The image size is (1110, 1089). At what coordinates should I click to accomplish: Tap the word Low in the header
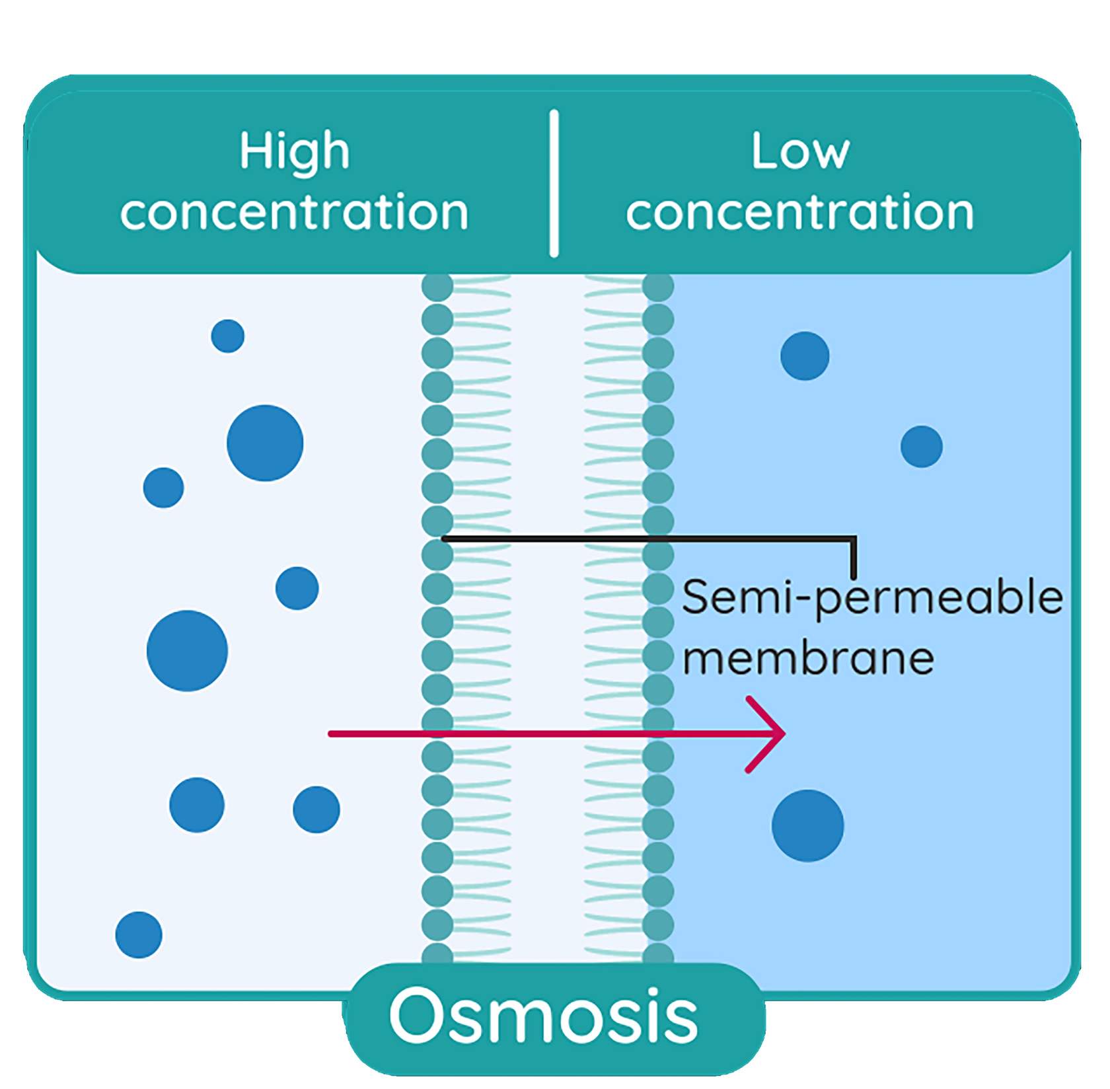(x=800, y=151)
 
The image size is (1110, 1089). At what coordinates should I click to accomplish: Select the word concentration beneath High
(x=295, y=212)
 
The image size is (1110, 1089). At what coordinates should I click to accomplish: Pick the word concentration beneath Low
(x=800, y=212)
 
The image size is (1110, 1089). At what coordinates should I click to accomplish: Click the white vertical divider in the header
(x=554, y=183)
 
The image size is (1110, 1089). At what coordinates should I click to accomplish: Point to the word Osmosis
(x=544, y=1016)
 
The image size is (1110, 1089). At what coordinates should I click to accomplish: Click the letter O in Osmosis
(x=415, y=1016)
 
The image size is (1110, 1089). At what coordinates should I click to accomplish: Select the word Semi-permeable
(x=872, y=597)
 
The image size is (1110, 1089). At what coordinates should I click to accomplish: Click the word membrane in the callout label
(x=808, y=658)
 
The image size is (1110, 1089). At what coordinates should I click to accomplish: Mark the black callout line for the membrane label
(x=647, y=539)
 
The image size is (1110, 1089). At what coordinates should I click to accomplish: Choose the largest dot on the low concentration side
(x=807, y=825)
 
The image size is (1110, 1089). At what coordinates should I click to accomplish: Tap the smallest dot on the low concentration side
(x=921, y=447)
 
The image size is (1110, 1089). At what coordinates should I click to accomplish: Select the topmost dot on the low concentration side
(x=805, y=356)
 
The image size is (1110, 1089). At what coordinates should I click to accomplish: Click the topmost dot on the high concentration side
(x=228, y=336)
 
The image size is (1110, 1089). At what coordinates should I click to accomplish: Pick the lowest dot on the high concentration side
(x=139, y=934)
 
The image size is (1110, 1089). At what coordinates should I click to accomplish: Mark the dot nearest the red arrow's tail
(x=316, y=809)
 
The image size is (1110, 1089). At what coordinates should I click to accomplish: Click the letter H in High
(x=252, y=151)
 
